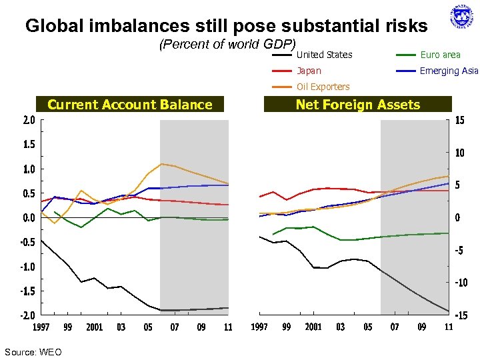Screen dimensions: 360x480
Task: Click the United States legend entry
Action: [324, 55]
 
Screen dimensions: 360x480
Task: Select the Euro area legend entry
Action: [439, 55]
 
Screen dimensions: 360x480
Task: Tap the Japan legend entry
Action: [309, 71]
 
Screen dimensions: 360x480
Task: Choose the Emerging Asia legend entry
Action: [449, 71]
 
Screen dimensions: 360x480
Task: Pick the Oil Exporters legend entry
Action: [323, 87]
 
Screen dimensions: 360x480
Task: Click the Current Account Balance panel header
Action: [130, 105]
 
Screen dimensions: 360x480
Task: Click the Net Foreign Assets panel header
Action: [357, 105]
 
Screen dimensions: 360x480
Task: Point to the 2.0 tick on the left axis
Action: [29, 121]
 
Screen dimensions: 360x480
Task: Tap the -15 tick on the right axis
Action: [462, 315]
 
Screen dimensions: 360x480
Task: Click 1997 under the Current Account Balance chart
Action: [41, 327]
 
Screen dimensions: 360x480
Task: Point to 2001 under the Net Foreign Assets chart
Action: [313, 327]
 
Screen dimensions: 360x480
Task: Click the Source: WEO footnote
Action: [33, 351]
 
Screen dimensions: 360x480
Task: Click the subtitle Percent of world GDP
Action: [227, 45]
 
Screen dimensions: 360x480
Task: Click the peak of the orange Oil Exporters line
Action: [161, 163]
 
